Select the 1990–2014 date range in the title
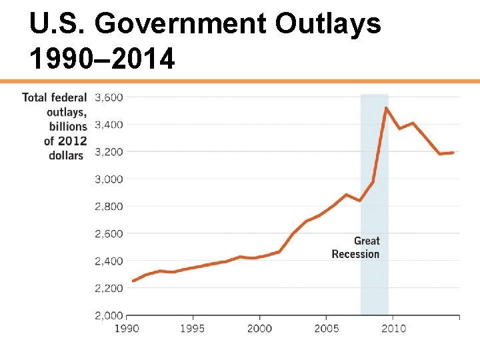pos(102,59)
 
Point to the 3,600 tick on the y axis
pos(109,97)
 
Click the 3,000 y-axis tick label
pos(109,179)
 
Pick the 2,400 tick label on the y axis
pos(109,261)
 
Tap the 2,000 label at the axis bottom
pos(109,315)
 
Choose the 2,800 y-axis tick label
pos(109,207)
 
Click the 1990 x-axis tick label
pos(127,329)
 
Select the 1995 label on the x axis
pos(193,329)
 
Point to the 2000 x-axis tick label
pos(259,329)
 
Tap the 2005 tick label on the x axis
pos(327,329)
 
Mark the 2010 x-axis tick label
pos(393,329)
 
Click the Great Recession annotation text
pos(356,247)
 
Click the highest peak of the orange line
pos(386,108)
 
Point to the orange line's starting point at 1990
pos(133,281)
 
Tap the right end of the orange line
pos(453,153)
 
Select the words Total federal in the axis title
pos(54,97)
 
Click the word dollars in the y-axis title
pos(66,155)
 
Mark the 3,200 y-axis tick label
pos(109,152)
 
